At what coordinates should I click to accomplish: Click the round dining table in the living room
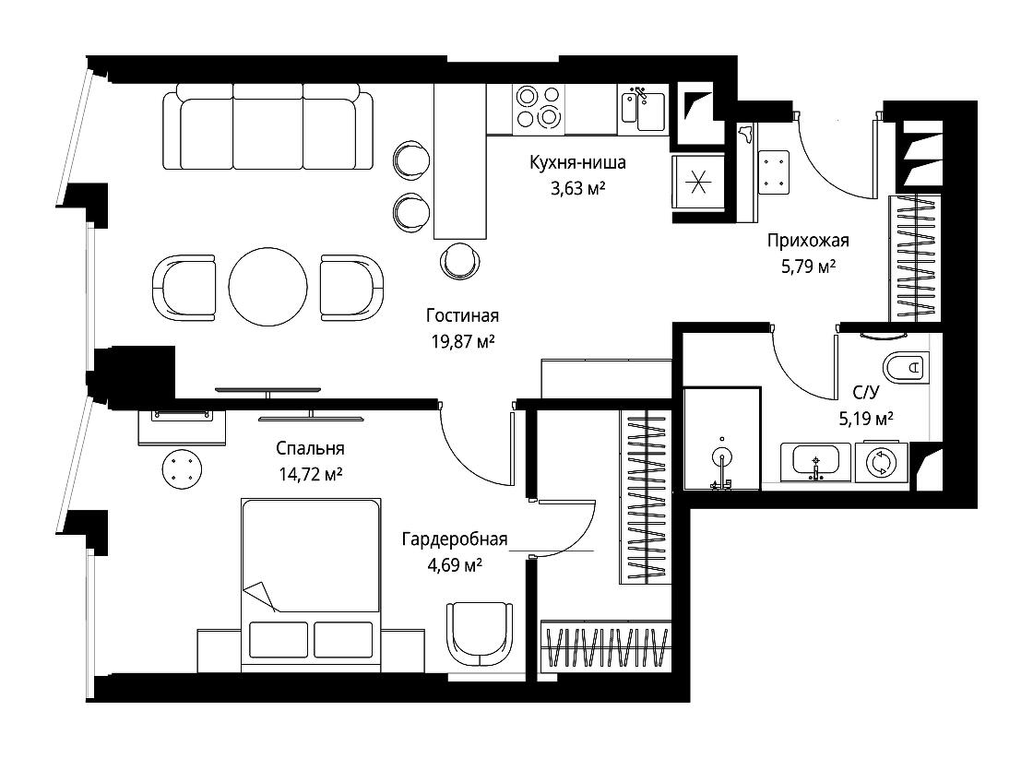[267, 287]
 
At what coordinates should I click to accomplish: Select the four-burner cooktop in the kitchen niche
[539, 107]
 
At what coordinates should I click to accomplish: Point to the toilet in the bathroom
[905, 368]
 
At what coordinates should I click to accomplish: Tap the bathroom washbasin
[815, 462]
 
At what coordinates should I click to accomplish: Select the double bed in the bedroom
[311, 585]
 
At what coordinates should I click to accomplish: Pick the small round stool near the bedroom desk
[182, 468]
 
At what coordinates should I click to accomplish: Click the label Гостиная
[462, 316]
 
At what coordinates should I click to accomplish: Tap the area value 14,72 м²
[310, 474]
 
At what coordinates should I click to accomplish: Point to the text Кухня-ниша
[577, 162]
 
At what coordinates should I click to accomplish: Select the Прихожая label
[808, 241]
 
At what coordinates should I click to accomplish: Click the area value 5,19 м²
[866, 419]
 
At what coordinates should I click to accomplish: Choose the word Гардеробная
[455, 539]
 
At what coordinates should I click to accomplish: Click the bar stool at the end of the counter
[460, 260]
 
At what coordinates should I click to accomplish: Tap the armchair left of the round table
[184, 288]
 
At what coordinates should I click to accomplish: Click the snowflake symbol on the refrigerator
[698, 181]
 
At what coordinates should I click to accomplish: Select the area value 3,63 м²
[577, 189]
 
